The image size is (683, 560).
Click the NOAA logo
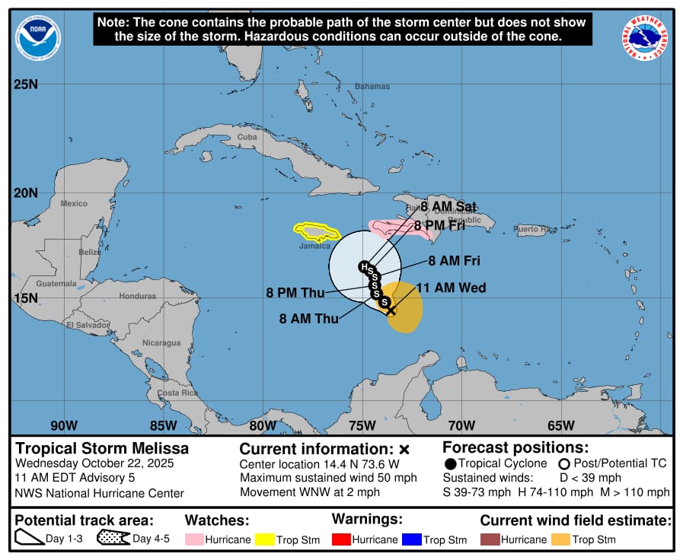[39, 35]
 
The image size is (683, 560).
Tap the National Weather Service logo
[646, 38]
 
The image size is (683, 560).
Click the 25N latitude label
[26, 84]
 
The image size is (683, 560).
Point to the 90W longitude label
[64, 425]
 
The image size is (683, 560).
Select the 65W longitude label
[560, 425]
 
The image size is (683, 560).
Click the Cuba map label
[247, 137]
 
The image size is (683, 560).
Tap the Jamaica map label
[314, 246]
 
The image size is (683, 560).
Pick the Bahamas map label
[372, 87]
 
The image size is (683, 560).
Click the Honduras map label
[137, 296]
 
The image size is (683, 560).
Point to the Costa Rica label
[177, 393]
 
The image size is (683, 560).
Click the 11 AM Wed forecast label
[451, 288]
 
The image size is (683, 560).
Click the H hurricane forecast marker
[365, 266]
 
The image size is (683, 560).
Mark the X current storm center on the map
[391, 310]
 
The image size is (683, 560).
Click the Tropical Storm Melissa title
[102, 449]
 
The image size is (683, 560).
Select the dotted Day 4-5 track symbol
[113, 539]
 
